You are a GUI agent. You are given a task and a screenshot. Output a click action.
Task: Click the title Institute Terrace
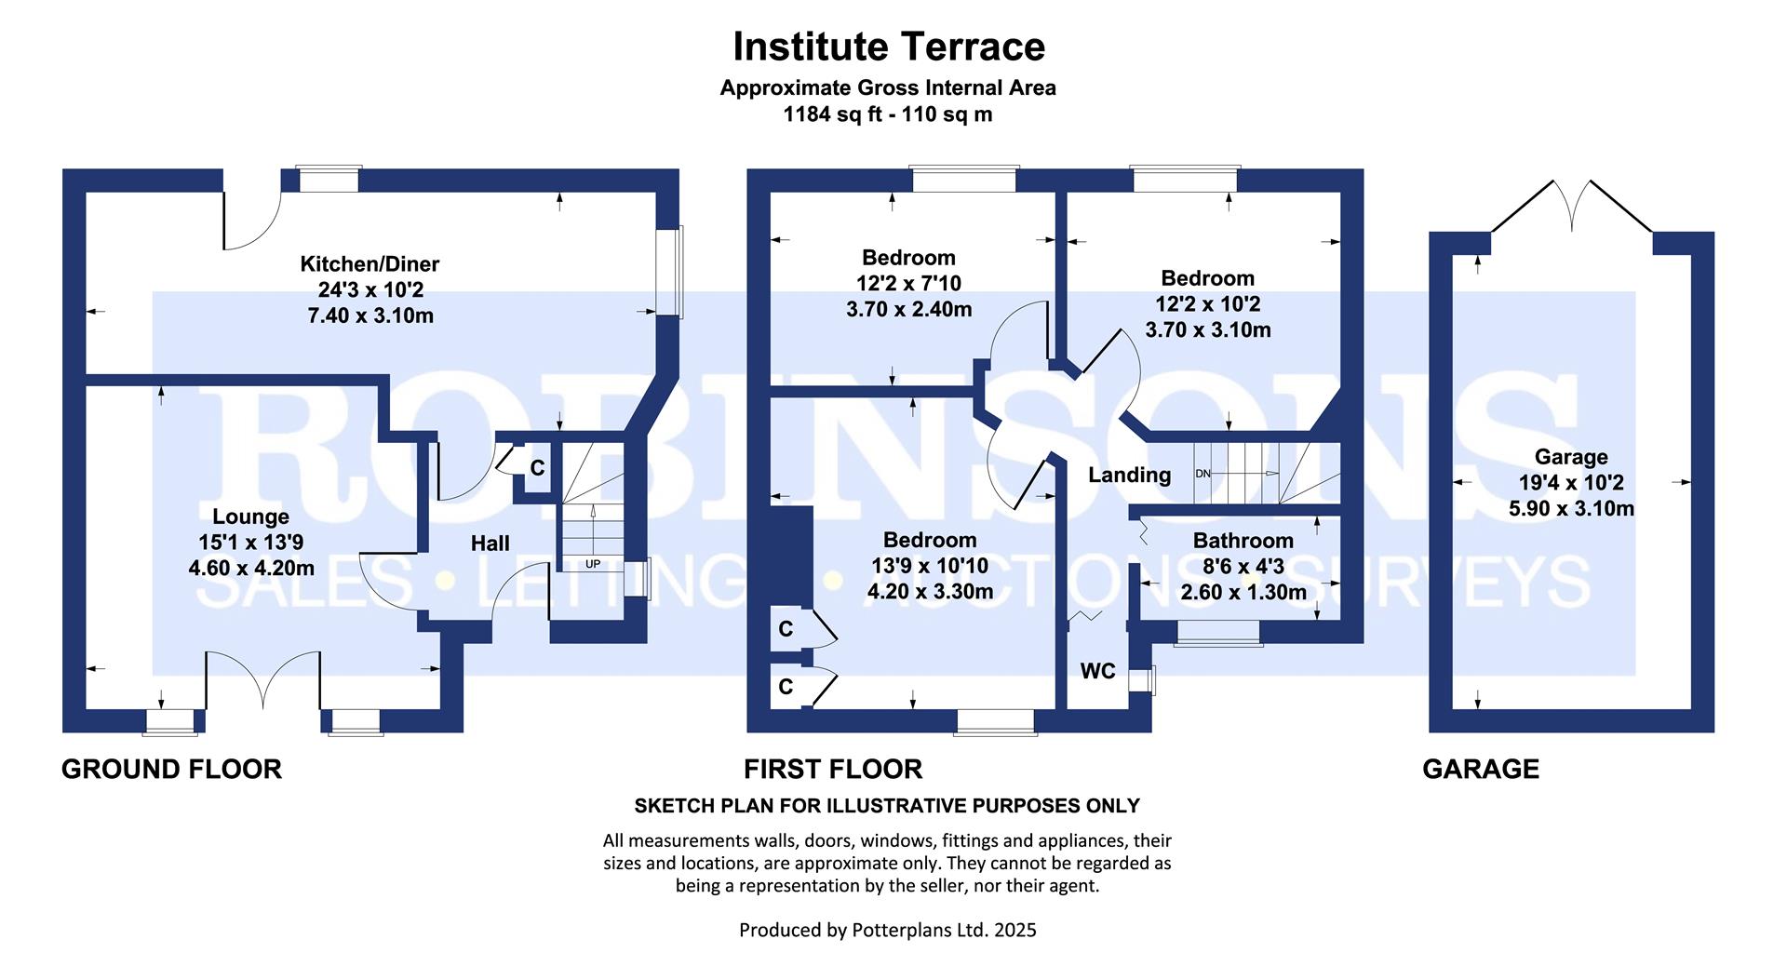[x=889, y=46]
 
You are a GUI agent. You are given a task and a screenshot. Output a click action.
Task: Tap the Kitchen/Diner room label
[x=369, y=264]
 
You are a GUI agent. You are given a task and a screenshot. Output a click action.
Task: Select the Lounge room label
[x=250, y=517]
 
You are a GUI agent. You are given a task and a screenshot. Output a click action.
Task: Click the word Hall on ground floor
[x=490, y=543]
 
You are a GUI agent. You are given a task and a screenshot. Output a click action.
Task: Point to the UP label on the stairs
[x=593, y=564]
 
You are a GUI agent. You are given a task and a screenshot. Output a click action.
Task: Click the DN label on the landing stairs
[x=1203, y=474]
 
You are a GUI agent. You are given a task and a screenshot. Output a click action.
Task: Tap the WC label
[x=1097, y=671]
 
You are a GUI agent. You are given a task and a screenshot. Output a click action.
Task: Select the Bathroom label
[x=1243, y=541]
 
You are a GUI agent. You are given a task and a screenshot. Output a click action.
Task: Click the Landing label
[x=1130, y=476]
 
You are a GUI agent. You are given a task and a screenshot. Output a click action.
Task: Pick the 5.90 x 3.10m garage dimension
[x=1571, y=509]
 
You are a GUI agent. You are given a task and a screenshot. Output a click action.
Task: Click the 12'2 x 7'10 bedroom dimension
[x=908, y=283]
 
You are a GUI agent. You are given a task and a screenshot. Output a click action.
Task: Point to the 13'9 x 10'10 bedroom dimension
[x=930, y=566]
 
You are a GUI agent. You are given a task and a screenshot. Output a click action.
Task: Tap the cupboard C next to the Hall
[x=537, y=468]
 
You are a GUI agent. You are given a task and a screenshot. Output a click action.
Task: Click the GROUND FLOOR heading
[x=171, y=769]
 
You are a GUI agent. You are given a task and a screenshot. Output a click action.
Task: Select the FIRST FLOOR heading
[x=833, y=769]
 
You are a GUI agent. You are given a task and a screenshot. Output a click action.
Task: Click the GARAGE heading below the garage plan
[x=1481, y=769]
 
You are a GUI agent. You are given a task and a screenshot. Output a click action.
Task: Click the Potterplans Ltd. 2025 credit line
[x=888, y=930]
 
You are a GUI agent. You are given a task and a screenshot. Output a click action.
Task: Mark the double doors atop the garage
[x=1572, y=206]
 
